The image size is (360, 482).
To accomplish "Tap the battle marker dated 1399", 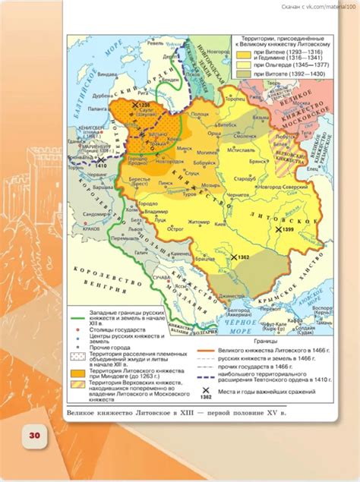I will pyautogui.click(x=279, y=207).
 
